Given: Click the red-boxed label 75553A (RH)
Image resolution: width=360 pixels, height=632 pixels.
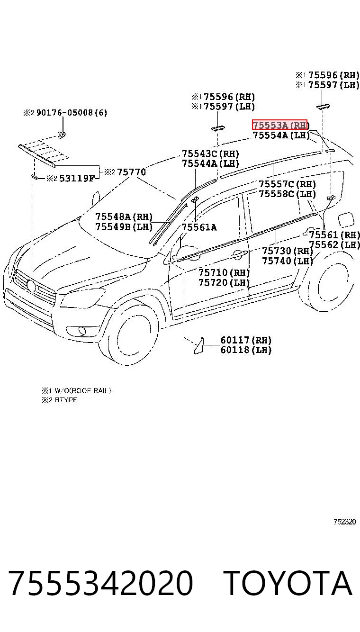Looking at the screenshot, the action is pos(279,125).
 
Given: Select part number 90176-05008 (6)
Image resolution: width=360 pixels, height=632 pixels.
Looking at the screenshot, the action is pos(72,113).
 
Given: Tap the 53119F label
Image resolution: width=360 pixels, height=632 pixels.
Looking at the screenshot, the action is pos(77,178).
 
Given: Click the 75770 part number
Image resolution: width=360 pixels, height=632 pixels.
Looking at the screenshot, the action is pos(131,172).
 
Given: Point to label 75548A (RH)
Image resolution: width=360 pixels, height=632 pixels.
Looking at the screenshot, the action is pos(124,217).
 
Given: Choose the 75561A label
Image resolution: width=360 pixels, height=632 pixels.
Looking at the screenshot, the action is pos(199,227).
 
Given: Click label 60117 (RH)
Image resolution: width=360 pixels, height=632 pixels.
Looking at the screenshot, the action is pos(246,340).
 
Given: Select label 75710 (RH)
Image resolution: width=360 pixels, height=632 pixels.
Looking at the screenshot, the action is pos(224,272).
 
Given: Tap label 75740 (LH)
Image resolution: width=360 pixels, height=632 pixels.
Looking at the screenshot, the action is pos(288,261).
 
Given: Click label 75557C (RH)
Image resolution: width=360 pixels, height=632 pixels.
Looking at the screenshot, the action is pos(287,184).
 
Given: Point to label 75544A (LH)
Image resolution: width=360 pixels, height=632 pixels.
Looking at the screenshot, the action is pos(210,163).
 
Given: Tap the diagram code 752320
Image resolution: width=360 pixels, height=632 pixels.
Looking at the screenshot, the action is pos(345,522).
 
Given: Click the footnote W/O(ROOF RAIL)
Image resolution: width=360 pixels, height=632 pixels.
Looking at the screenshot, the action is pos(83,390).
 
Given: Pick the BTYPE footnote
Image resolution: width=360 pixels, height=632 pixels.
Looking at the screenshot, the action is pos(66,400).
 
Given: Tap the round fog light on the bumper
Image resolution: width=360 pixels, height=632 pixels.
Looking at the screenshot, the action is pos(82,330).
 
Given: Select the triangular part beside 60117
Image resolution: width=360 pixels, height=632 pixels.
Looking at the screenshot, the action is pos(199,345).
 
